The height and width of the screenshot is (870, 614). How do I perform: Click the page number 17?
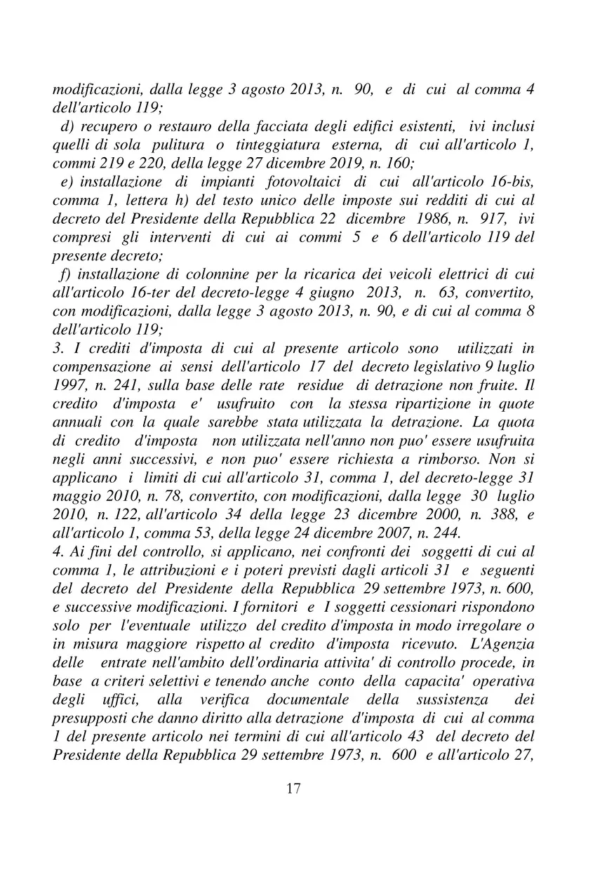(x=294, y=789)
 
